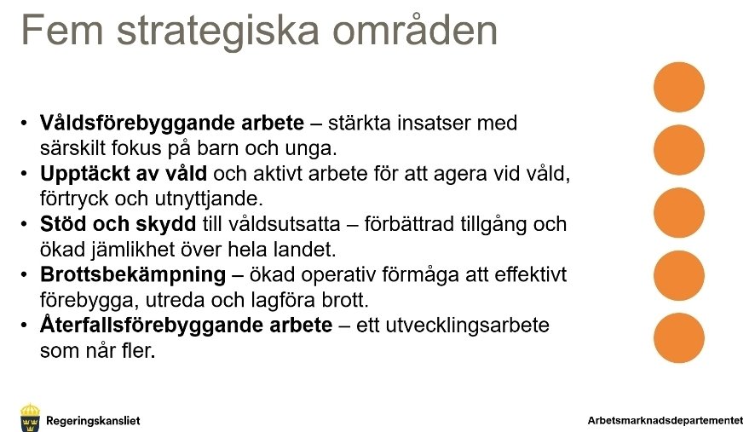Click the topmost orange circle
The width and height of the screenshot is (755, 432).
[679, 88]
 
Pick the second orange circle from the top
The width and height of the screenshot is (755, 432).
[679, 150]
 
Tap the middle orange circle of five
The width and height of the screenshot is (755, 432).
[679, 213]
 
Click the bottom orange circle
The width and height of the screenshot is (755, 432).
[679, 338]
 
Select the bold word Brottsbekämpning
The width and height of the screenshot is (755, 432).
[133, 276]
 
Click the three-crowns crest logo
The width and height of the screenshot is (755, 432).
[30, 418]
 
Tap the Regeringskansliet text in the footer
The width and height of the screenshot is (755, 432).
[93, 420]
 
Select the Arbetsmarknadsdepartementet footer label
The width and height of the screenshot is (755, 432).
[666, 420]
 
